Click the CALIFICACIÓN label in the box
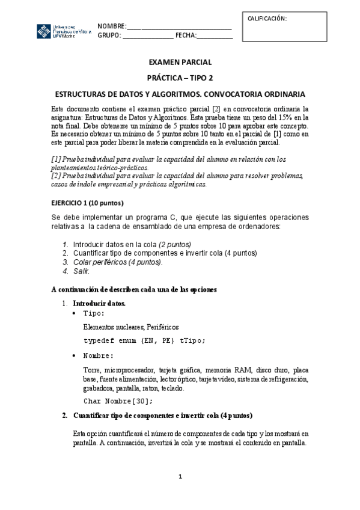coord(267,19)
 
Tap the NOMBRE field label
coord(112,26)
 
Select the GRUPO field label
coord(109,35)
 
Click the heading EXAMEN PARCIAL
coord(180,62)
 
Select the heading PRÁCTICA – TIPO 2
coord(180,78)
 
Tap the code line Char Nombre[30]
coord(118,401)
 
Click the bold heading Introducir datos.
coord(99,303)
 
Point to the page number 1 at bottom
coord(180,477)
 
